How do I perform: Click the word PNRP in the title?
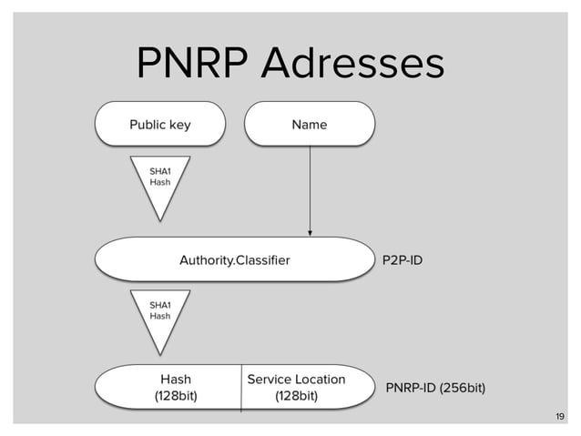click(192, 63)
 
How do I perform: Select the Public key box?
click(160, 125)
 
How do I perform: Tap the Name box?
click(310, 125)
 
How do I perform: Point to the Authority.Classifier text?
click(234, 261)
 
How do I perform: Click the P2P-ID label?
click(401, 261)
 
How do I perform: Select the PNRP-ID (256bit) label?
click(435, 389)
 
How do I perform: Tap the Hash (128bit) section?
click(176, 387)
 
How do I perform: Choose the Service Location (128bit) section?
click(296, 387)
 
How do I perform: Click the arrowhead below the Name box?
click(311, 232)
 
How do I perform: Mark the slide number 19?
click(559, 417)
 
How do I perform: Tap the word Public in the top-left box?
click(148, 125)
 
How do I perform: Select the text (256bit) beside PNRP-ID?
click(463, 389)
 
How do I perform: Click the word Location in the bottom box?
click(321, 379)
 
